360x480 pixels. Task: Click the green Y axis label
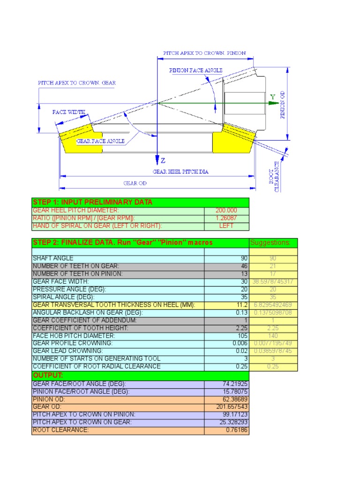tap(272, 97)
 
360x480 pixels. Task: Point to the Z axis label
tap(163, 160)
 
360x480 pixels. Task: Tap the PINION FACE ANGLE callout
tap(196, 70)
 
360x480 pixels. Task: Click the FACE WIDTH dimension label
tap(69, 112)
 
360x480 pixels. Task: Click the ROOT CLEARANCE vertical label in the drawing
tap(277, 176)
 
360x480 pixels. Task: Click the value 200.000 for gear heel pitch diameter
tap(226, 210)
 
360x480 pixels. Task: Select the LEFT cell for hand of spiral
tap(226, 226)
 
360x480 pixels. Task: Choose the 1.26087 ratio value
tap(226, 218)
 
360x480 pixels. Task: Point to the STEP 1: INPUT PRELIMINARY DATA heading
tap(92, 202)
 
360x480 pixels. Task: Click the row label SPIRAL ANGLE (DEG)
tap(63, 297)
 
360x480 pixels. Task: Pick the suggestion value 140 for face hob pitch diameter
tap(272, 336)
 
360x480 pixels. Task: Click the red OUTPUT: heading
tap(47, 375)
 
